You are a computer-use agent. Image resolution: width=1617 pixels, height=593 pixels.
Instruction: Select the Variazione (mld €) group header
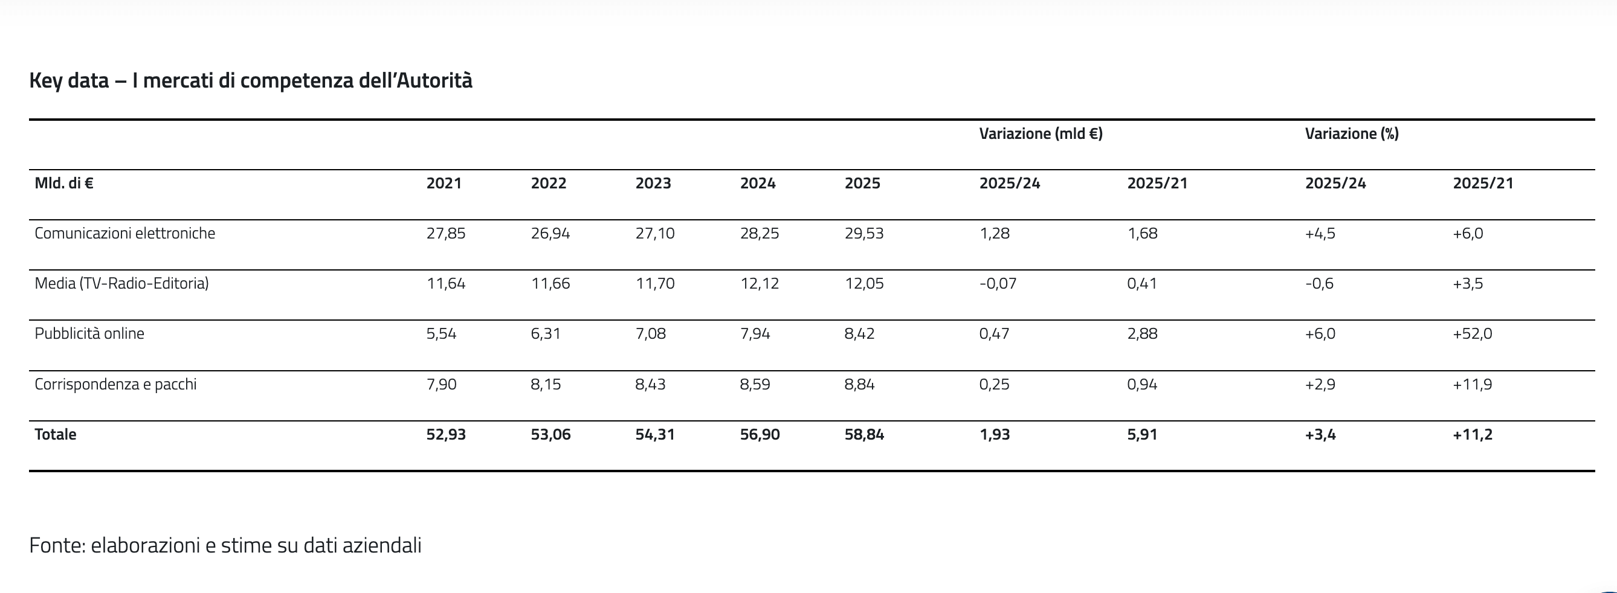[1041, 133]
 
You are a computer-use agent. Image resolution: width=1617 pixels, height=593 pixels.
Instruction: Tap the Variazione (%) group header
[1352, 133]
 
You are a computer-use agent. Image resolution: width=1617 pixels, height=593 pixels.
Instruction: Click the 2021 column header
[444, 183]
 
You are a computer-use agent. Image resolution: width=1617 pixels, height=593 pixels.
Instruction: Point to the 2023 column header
[653, 183]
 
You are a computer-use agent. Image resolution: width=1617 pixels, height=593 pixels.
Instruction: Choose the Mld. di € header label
[64, 183]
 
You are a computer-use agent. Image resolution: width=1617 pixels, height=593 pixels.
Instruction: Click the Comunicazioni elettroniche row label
[125, 234]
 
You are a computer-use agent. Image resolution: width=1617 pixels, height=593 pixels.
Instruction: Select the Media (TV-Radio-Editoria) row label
[122, 284]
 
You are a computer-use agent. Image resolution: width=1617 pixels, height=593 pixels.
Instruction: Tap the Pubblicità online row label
[89, 333]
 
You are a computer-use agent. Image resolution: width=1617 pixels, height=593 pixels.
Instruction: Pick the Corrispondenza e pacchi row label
[115, 384]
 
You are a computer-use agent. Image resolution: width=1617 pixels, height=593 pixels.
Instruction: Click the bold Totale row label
[55, 434]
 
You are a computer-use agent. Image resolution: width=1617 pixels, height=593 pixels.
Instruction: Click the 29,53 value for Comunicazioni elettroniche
[863, 234]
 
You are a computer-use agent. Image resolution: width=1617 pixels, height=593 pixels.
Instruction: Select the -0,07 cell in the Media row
[998, 284]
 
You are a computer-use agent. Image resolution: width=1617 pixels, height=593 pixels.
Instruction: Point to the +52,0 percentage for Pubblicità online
[1472, 334]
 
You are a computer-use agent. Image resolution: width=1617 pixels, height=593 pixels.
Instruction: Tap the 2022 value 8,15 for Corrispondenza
[546, 384]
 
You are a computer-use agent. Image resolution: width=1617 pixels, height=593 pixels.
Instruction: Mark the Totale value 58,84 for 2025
[863, 434]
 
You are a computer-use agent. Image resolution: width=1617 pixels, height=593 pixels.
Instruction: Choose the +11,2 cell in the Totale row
[1472, 434]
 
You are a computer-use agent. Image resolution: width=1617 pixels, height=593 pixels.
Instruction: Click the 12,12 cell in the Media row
[760, 284]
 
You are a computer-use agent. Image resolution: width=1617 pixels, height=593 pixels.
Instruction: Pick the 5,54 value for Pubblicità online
[441, 334]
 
